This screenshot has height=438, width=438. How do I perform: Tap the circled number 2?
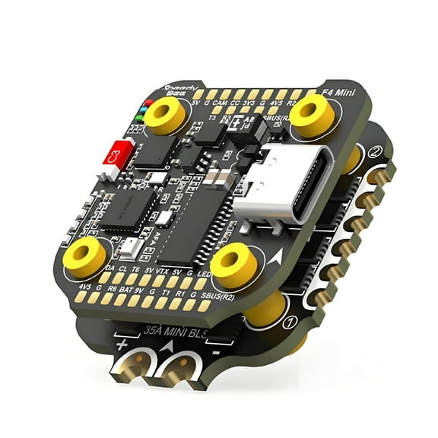pyautogui.click(x=374, y=152)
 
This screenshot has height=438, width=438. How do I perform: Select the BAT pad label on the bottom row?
pyautogui.click(x=129, y=290)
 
